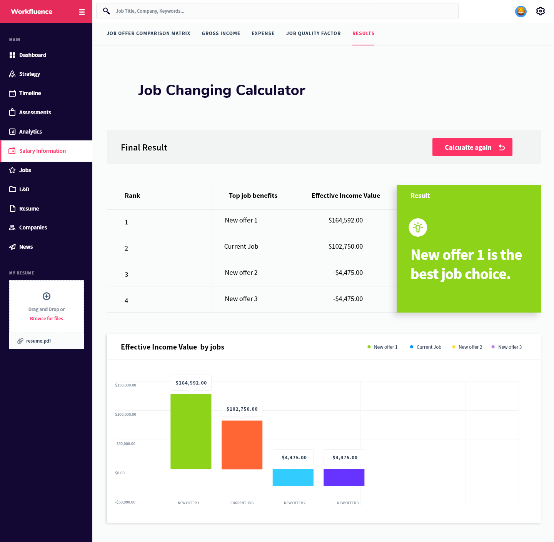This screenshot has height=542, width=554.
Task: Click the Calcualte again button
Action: (472, 147)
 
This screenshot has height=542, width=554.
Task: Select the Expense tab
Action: (263, 33)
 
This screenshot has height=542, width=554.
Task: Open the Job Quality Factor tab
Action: (313, 33)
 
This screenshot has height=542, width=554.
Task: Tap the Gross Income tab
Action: (221, 33)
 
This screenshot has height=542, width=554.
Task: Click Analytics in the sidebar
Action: (30, 132)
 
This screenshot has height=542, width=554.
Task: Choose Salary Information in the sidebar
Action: (42, 151)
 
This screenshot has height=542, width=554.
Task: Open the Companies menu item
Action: (33, 228)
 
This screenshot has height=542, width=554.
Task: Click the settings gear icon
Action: (540, 11)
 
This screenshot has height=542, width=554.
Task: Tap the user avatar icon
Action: (521, 12)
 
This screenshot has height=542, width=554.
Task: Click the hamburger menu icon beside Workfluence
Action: (82, 12)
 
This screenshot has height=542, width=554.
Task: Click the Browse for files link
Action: (47, 319)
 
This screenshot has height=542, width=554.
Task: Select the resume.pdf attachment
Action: (38, 341)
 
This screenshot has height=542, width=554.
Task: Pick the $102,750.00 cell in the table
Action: (345, 246)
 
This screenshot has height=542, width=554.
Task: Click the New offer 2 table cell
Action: (241, 273)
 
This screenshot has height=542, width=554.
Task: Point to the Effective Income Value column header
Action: (345, 196)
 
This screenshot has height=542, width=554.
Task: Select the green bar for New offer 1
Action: (191, 431)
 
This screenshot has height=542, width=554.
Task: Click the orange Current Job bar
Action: (242, 445)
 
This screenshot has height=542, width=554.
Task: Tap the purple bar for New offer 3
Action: (344, 477)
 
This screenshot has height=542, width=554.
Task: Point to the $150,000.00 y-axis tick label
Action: (125, 385)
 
